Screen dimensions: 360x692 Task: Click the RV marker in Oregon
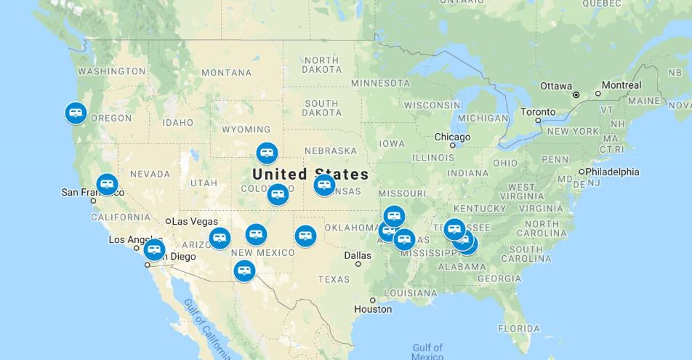point(76,113)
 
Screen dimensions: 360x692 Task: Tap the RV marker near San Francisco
point(107,184)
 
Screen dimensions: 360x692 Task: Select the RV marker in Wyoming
point(267,153)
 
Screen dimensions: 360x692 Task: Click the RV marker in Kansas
point(324,185)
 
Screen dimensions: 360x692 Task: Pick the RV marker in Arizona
point(219,238)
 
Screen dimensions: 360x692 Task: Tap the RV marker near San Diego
point(154,249)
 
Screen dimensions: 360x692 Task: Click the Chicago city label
point(452,137)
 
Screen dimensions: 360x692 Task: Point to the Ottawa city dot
point(576,95)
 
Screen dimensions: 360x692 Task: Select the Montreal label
point(621,85)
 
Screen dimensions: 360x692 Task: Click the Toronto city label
point(537,112)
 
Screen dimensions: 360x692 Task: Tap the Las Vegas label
point(196,221)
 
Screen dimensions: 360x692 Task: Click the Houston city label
point(373,309)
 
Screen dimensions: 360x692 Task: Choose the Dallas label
point(358,255)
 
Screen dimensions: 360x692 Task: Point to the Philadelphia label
point(612,172)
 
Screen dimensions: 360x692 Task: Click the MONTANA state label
point(226,73)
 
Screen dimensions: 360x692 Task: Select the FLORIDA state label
point(519,328)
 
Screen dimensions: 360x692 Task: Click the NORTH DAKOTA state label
point(321,65)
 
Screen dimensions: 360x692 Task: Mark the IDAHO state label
point(178,122)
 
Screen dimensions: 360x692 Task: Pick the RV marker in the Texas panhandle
point(305,235)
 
